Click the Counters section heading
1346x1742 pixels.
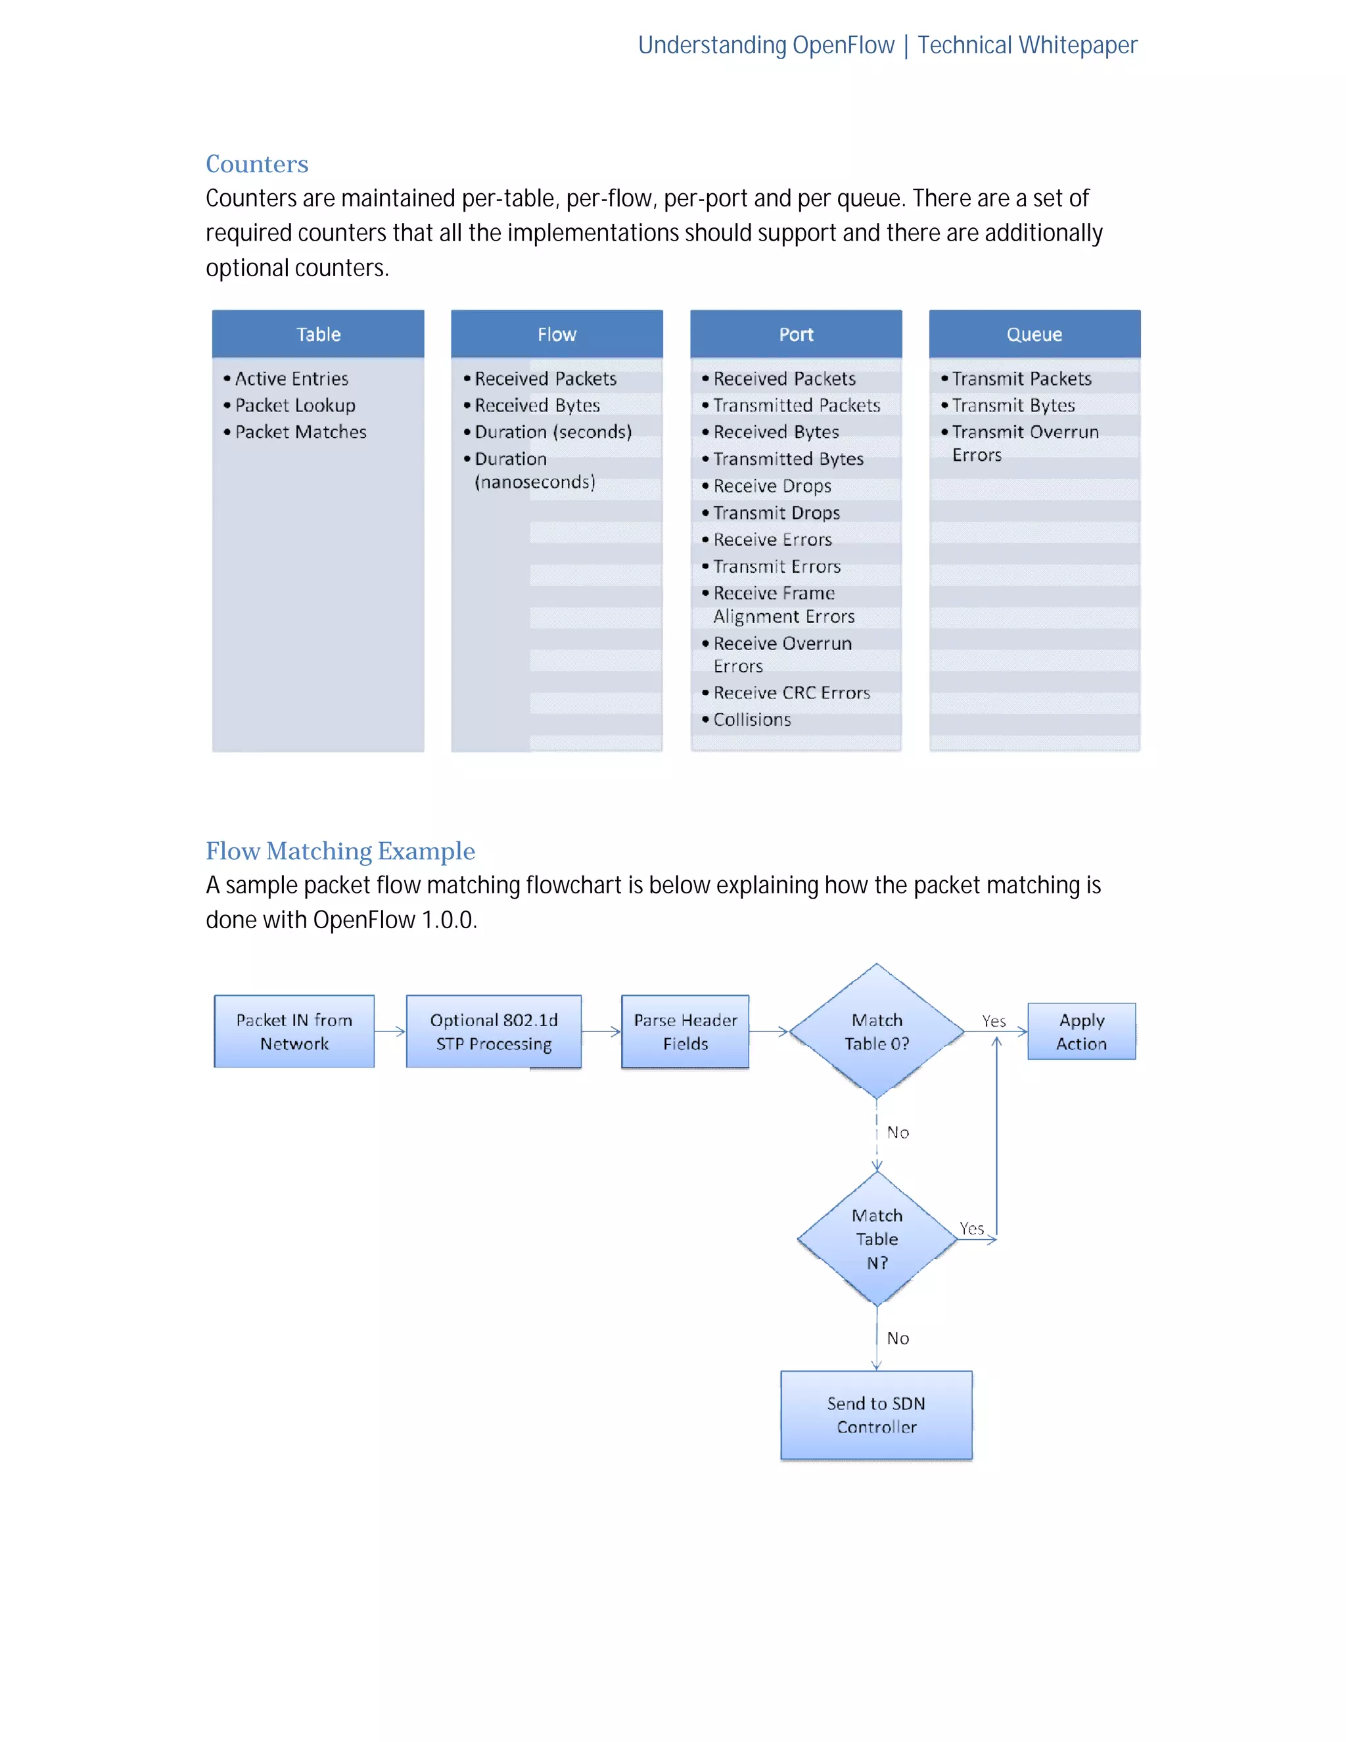[257, 164]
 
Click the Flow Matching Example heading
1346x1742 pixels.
[340, 851]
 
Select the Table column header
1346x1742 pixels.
[318, 334]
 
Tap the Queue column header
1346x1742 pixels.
[1034, 334]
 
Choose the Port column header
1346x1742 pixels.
[796, 334]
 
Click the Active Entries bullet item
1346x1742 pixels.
[291, 379]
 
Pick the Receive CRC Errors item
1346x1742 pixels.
[791, 693]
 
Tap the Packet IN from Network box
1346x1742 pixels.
[294, 1031]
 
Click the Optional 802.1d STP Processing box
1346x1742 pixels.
[494, 1031]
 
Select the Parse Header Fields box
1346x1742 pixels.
[685, 1031]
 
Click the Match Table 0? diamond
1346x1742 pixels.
[876, 1031]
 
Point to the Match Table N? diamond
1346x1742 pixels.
[876, 1238]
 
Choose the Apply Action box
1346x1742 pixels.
[1081, 1031]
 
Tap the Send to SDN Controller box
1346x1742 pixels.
[876, 1415]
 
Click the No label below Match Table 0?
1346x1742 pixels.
[898, 1133]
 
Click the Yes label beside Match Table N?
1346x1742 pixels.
[971, 1229]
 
